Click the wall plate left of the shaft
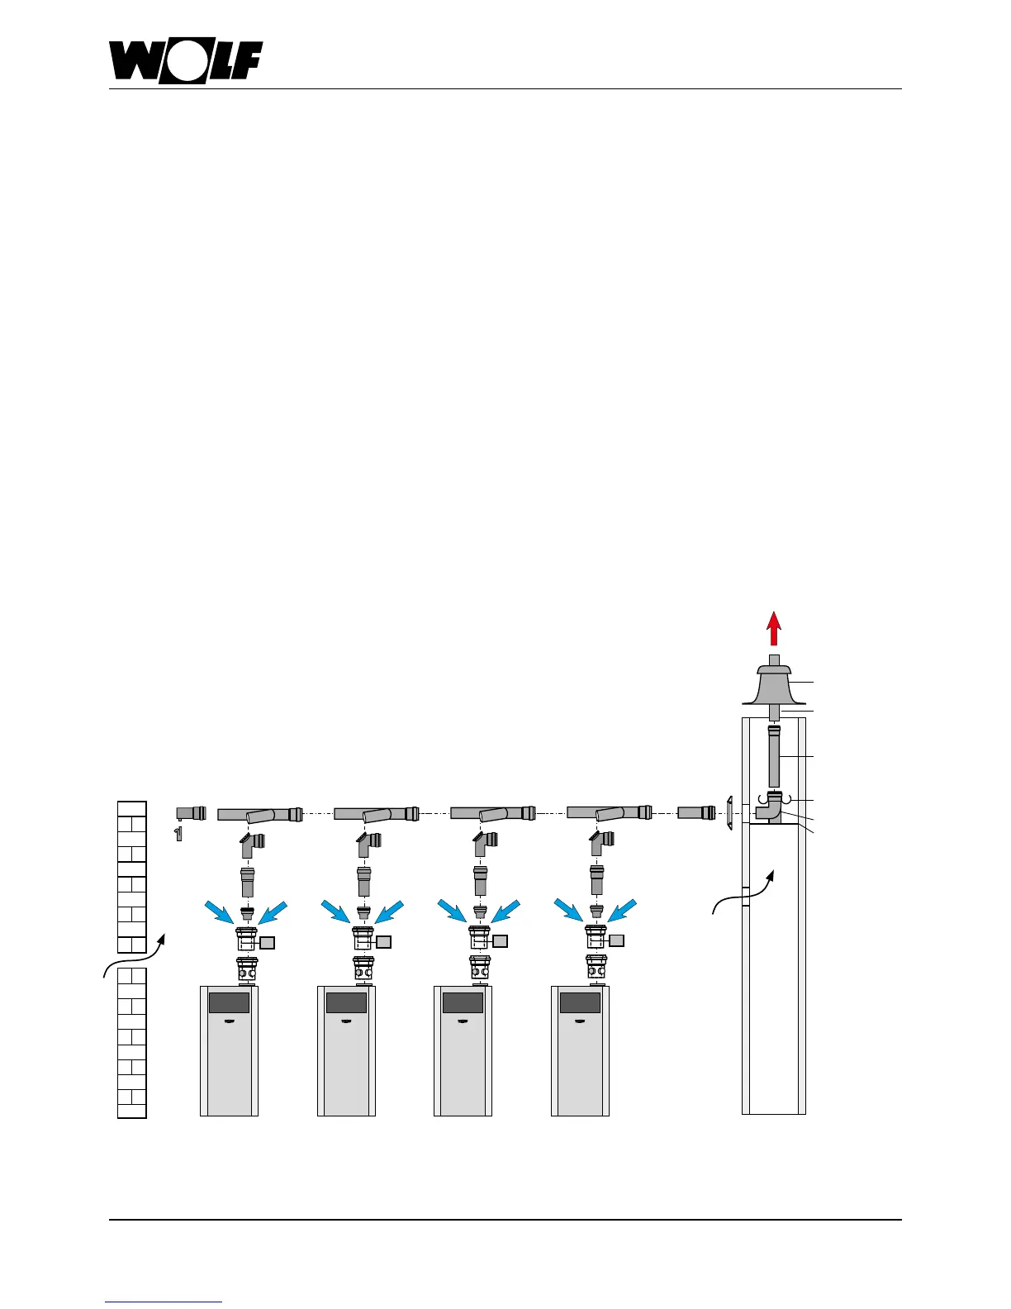pos(729,813)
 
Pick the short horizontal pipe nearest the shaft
pos(697,812)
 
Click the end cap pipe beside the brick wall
pos(191,812)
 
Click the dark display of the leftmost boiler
pos(229,1002)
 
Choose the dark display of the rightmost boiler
pos(580,1002)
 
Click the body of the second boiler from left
pos(346,1066)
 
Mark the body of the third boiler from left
pos(463,1066)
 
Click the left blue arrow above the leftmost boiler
pos(220,911)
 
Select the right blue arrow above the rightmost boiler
pos(623,911)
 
